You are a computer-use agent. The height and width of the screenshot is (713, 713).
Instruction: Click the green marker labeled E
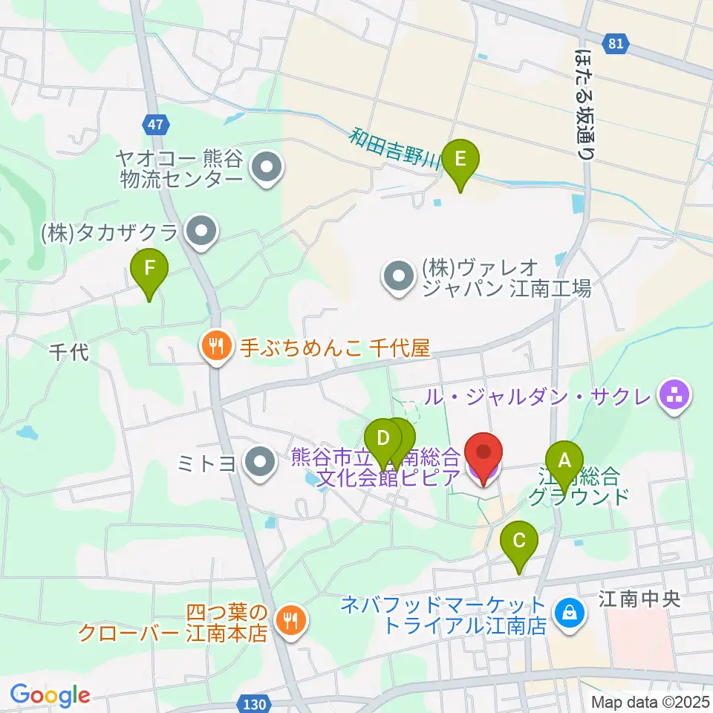460,160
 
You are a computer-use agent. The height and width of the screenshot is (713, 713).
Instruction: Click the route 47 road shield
154,125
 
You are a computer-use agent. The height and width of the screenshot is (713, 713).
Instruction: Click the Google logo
50,695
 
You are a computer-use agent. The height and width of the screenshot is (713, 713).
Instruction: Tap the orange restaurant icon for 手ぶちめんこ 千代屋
215,348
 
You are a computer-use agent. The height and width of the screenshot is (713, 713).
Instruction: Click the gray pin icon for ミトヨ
259,463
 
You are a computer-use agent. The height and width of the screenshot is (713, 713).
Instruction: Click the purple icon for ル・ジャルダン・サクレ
674,397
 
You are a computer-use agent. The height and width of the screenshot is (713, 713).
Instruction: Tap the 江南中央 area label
639,599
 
